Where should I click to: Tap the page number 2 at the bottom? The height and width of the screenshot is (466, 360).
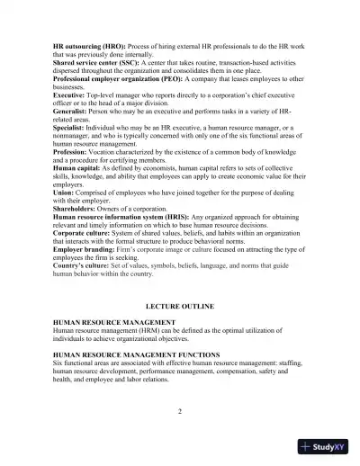(180, 411)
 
